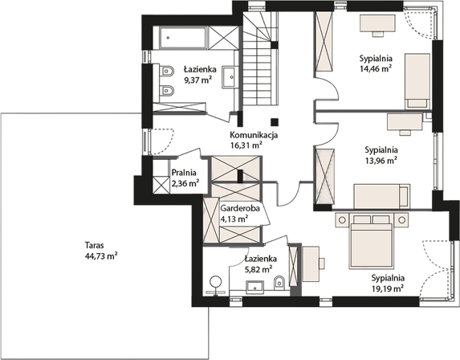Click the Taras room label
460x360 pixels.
[x=95, y=245]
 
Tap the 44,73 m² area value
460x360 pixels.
[x=101, y=256]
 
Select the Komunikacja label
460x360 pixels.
[x=254, y=135]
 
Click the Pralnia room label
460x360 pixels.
[x=184, y=173]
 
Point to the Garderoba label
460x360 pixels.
[x=240, y=208]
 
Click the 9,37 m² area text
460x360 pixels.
[x=198, y=80]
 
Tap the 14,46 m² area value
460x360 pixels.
[x=376, y=69]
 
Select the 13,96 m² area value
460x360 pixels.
[x=381, y=161]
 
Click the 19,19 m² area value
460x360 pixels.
[x=388, y=288]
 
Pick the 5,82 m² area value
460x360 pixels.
[x=258, y=269]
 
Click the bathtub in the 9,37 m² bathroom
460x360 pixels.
[x=182, y=38]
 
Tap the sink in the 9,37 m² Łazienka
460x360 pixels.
[x=228, y=77]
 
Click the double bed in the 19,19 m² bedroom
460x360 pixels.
[x=371, y=241]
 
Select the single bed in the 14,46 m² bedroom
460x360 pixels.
[x=417, y=81]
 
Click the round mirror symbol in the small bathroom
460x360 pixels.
[x=216, y=281]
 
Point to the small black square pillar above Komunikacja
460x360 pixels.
[x=275, y=121]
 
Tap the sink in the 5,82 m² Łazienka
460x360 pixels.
[x=255, y=287]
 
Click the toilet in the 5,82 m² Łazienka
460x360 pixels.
[x=279, y=283]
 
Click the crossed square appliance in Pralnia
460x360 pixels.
[x=161, y=185]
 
